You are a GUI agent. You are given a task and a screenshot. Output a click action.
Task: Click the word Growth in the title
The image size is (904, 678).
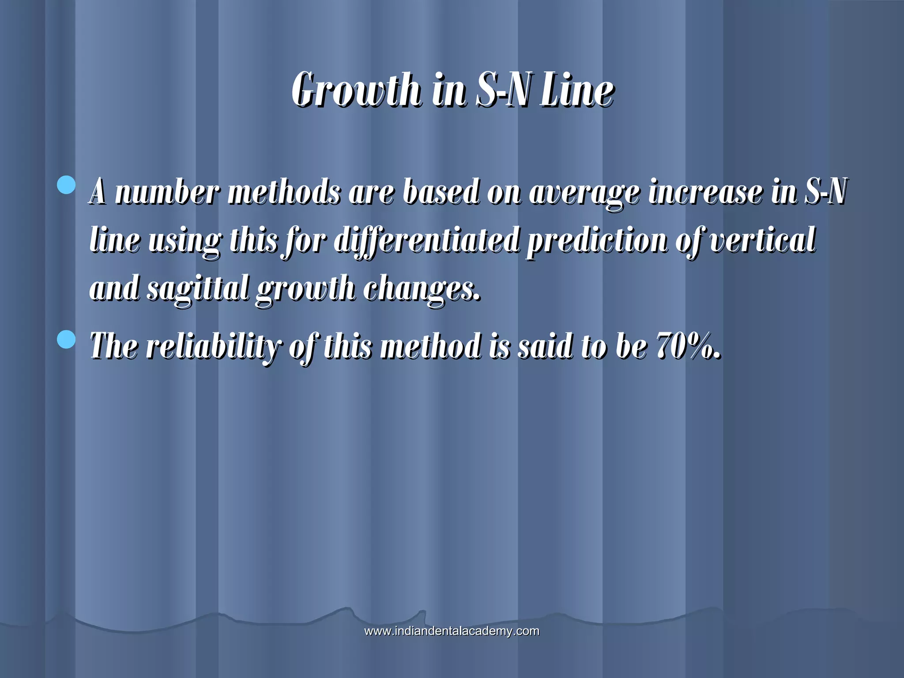click(x=356, y=90)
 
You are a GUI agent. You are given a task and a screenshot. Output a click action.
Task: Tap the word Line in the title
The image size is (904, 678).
click(x=577, y=90)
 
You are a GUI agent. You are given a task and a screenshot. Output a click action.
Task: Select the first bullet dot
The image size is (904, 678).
click(x=67, y=185)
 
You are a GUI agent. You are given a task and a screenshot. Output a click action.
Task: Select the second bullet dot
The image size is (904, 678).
click(x=67, y=339)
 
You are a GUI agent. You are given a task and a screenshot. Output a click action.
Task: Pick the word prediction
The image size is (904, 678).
click(x=597, y=241)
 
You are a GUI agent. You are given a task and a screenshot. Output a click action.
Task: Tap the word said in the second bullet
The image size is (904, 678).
click(x=546, y=346)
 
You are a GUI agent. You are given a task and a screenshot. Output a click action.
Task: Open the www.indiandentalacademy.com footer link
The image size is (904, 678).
click(x=452, y=631)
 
